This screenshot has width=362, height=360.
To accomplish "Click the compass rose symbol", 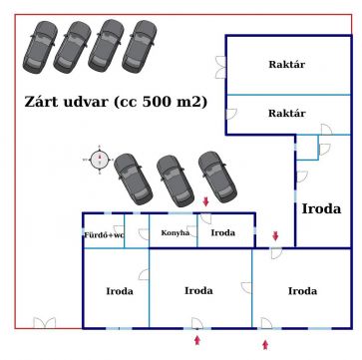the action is pyautogui.click(x=100, y=160).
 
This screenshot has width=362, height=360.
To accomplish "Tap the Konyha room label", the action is pyautogui.click(x=176, y=233).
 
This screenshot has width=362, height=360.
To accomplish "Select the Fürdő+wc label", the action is pyautogui.click(x=104, y=235).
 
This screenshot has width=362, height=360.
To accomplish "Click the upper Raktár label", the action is pyautogui.click(x=286, y=64).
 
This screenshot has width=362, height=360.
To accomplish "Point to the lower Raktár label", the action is pyautogui.click(x=286, y=113).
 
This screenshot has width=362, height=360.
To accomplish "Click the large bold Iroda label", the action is pyautogui.click(x=321, y=209).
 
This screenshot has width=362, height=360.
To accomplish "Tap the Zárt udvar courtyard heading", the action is pyautogui.click(x=116, y=102).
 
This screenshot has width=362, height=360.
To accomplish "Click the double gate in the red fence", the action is pyautogui.click(x=45, y=323).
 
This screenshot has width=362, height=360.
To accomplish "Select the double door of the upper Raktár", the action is pyautogui.click(x=220, y=67).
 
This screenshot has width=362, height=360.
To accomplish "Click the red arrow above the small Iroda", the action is pyautogui.click(x=205, y=201).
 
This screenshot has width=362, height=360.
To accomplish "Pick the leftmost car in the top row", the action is pyautogui.click(x=40, y=47).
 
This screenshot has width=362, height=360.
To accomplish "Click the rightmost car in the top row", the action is pyautogui.click(x=140, y=46).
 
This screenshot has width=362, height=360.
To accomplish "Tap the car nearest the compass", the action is pyautogui.click(x=133, y=179).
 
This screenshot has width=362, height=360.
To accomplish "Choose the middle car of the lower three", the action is pyautogui.click(x=176, y=181).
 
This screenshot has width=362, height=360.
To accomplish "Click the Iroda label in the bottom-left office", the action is pyautogui.click(x=120, y=291).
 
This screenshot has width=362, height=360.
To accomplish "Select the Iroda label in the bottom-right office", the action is pyautogui.click(x=302, y=291).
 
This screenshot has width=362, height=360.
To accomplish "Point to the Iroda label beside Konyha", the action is pyautogui.click(x=223, y=233).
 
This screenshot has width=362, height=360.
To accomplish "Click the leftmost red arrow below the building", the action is pyautogui.click(x=197, y=340).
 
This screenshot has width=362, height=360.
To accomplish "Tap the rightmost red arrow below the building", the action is pyautogui.click(x=265, y=345).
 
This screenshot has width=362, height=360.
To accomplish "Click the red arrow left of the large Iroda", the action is pyautogui.click(x=275, y=236).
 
